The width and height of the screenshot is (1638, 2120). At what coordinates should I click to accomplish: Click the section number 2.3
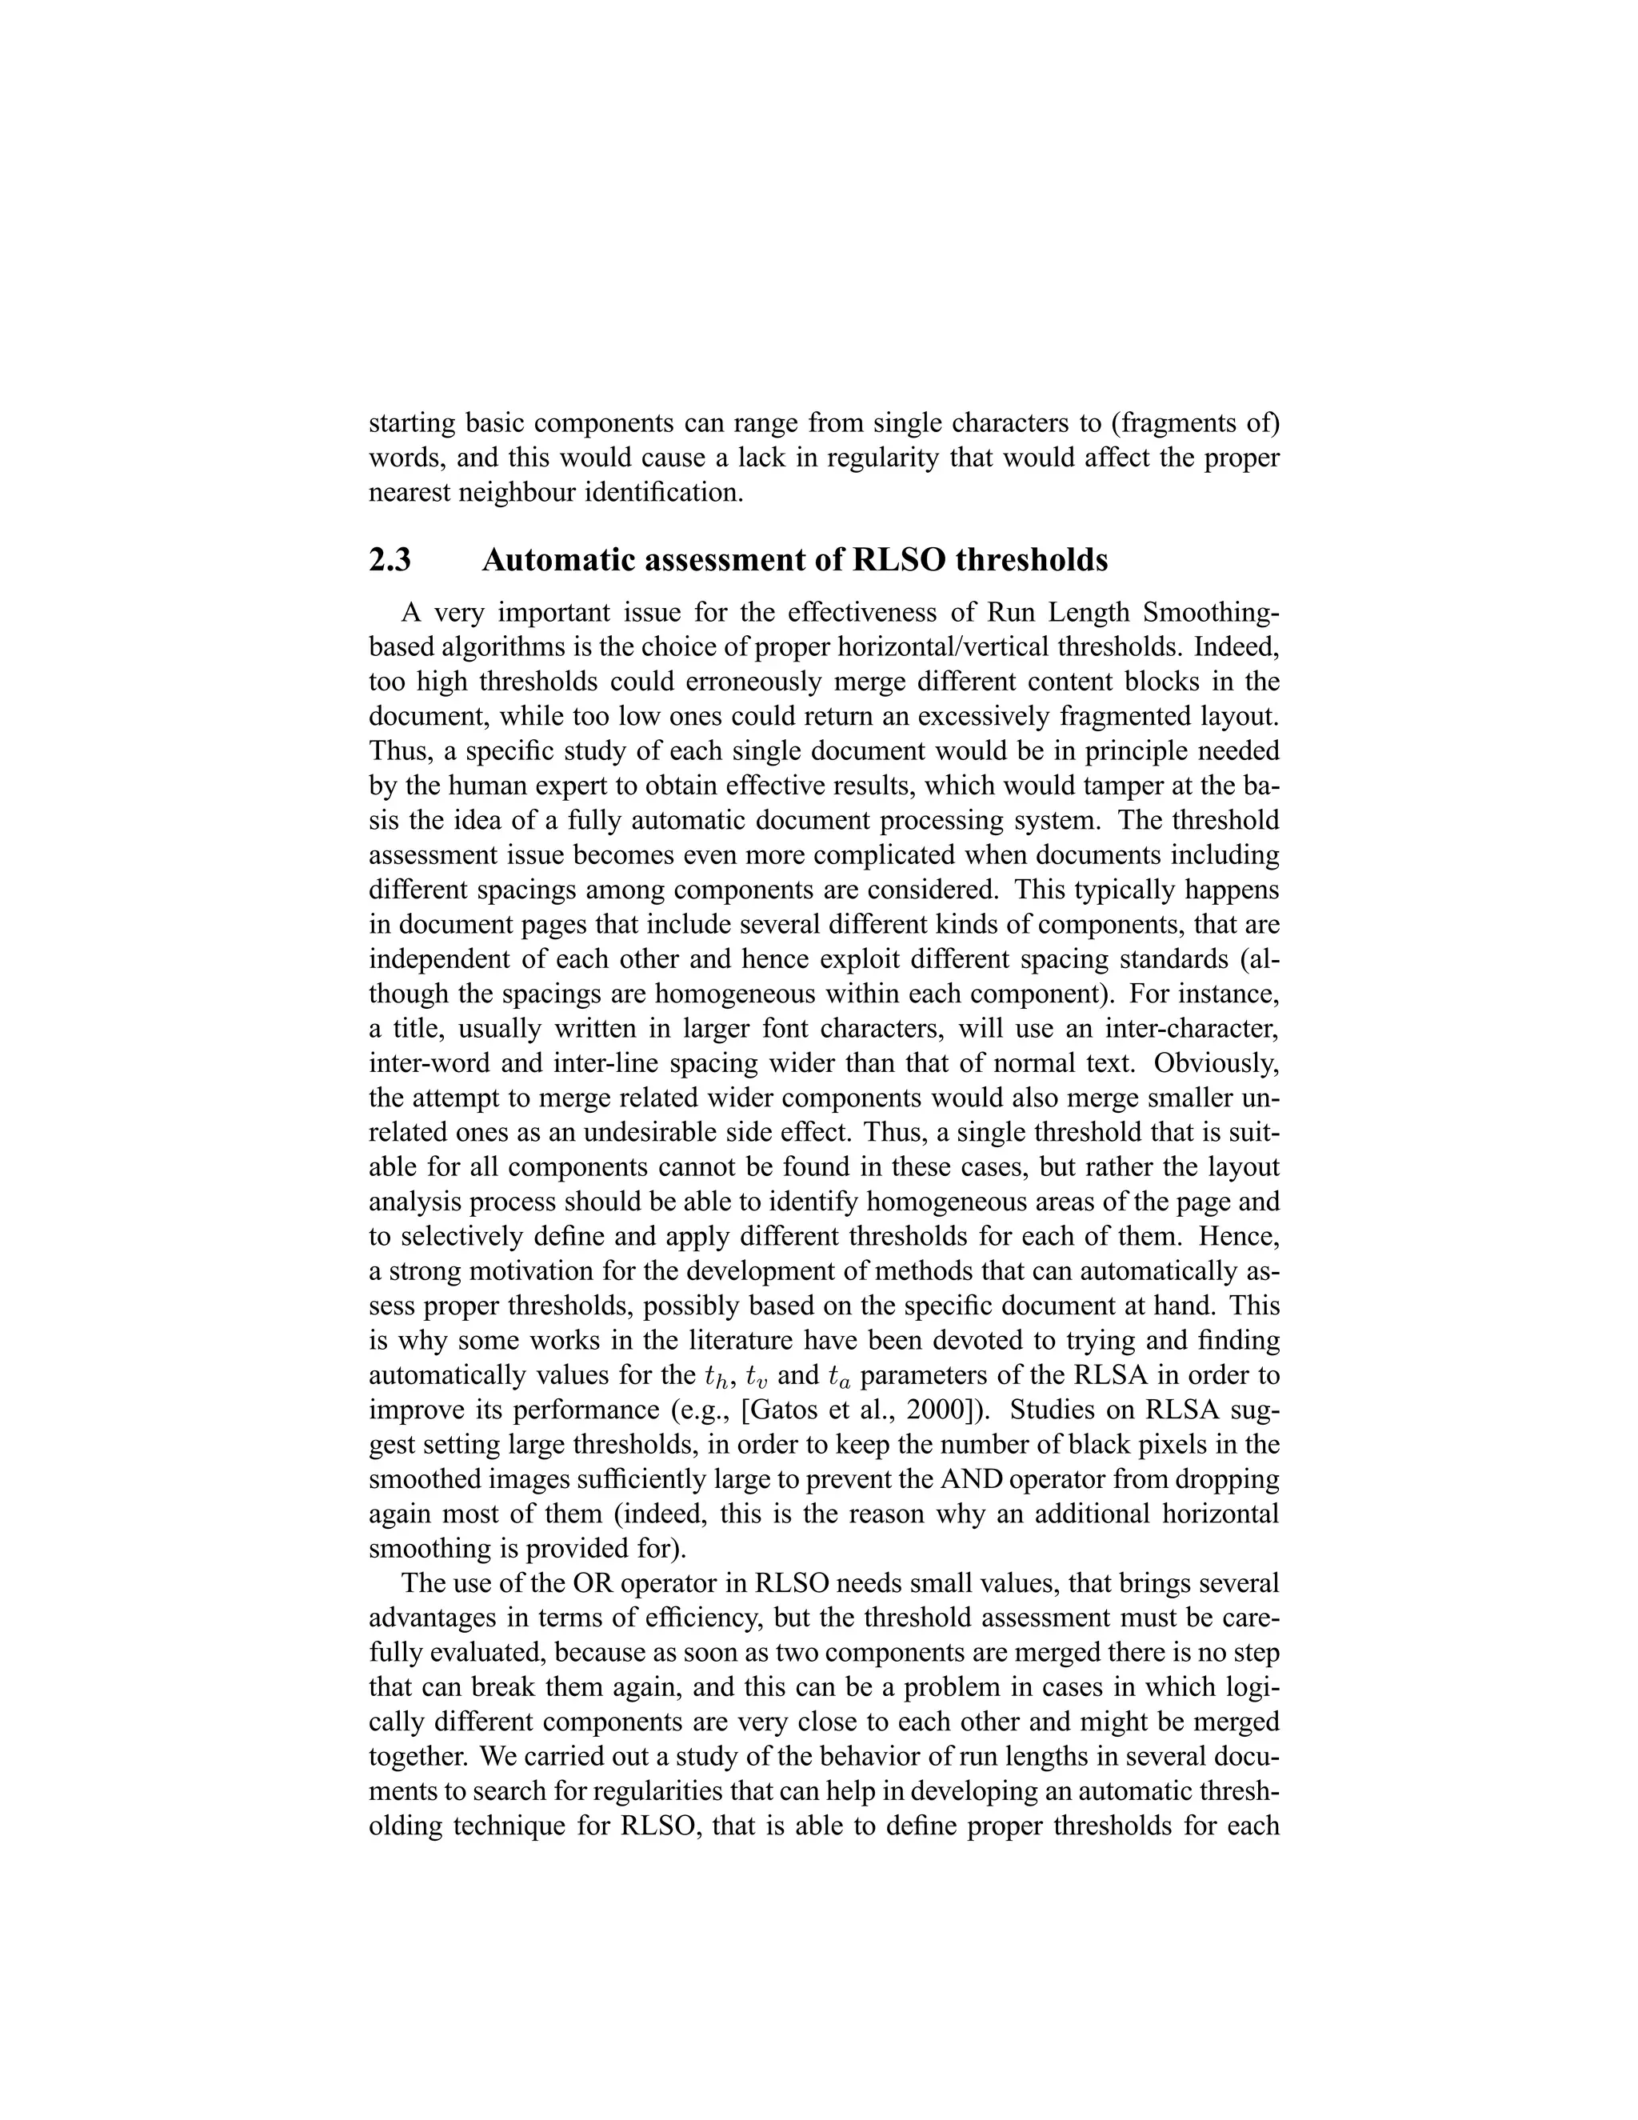coord(390,561)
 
